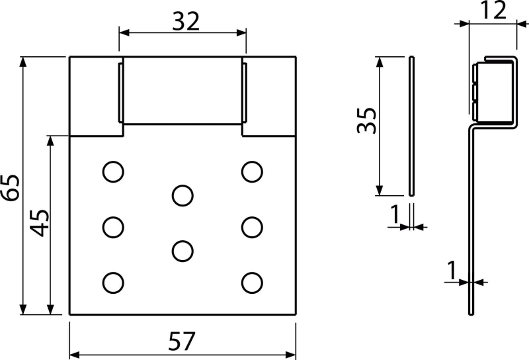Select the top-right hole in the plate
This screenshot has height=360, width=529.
(250, 172)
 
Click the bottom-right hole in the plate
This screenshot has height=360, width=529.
(250, 282)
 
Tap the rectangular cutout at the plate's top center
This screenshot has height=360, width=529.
(183, 91)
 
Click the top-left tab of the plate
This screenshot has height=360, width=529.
(94, 97)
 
